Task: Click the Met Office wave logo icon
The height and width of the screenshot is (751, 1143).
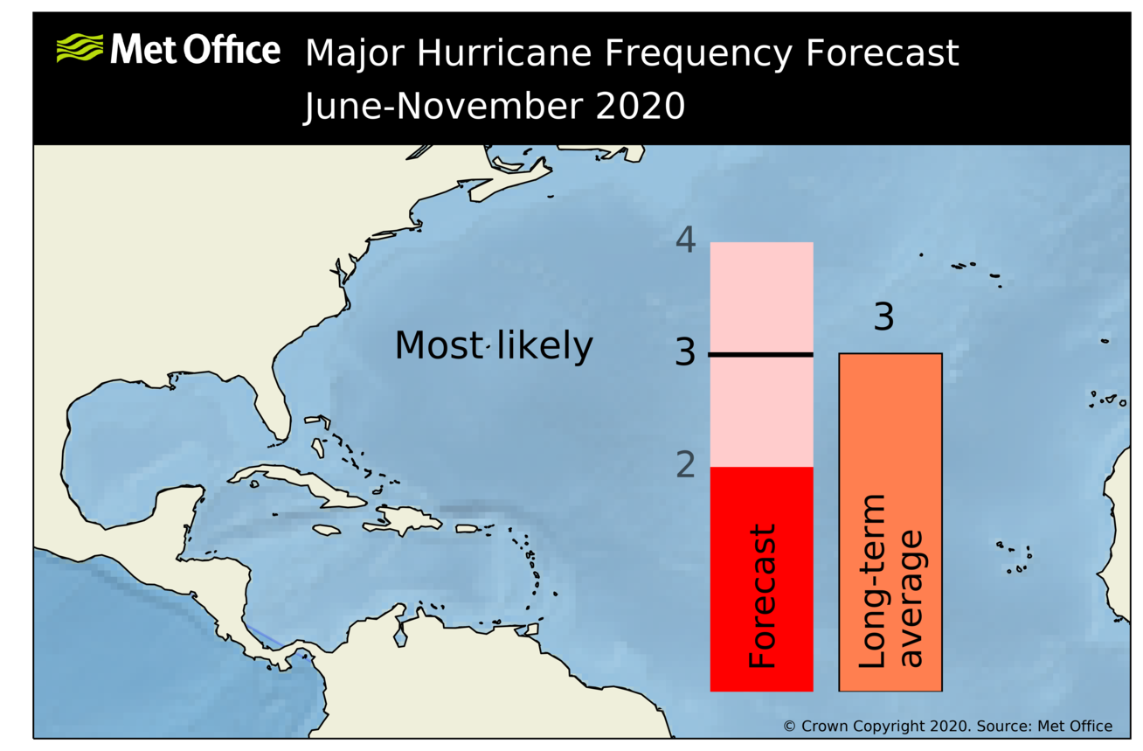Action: click(x=80, y=48)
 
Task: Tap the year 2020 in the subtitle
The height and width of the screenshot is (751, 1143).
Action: click(x=641, y=107)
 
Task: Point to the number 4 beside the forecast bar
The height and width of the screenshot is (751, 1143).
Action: click(x=686, y=240)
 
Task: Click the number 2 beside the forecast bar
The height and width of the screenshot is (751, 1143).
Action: click(x=686, y=465)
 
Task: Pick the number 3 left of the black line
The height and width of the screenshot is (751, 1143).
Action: click(x=686, y=353)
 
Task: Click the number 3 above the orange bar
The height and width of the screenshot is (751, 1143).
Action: click(x=883, y=317)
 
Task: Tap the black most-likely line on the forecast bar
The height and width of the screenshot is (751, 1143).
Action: click(x=761, y=354)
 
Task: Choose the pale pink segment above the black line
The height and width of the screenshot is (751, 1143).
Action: click(x=761, y=297)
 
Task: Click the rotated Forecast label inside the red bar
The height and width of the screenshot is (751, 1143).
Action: click(x=762, y=596)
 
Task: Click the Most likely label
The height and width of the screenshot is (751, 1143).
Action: click(x=493, y=346)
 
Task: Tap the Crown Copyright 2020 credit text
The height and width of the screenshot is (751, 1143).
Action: click(x=947, y=726)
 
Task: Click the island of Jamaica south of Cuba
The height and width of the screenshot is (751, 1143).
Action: click(x=325, y=530)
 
